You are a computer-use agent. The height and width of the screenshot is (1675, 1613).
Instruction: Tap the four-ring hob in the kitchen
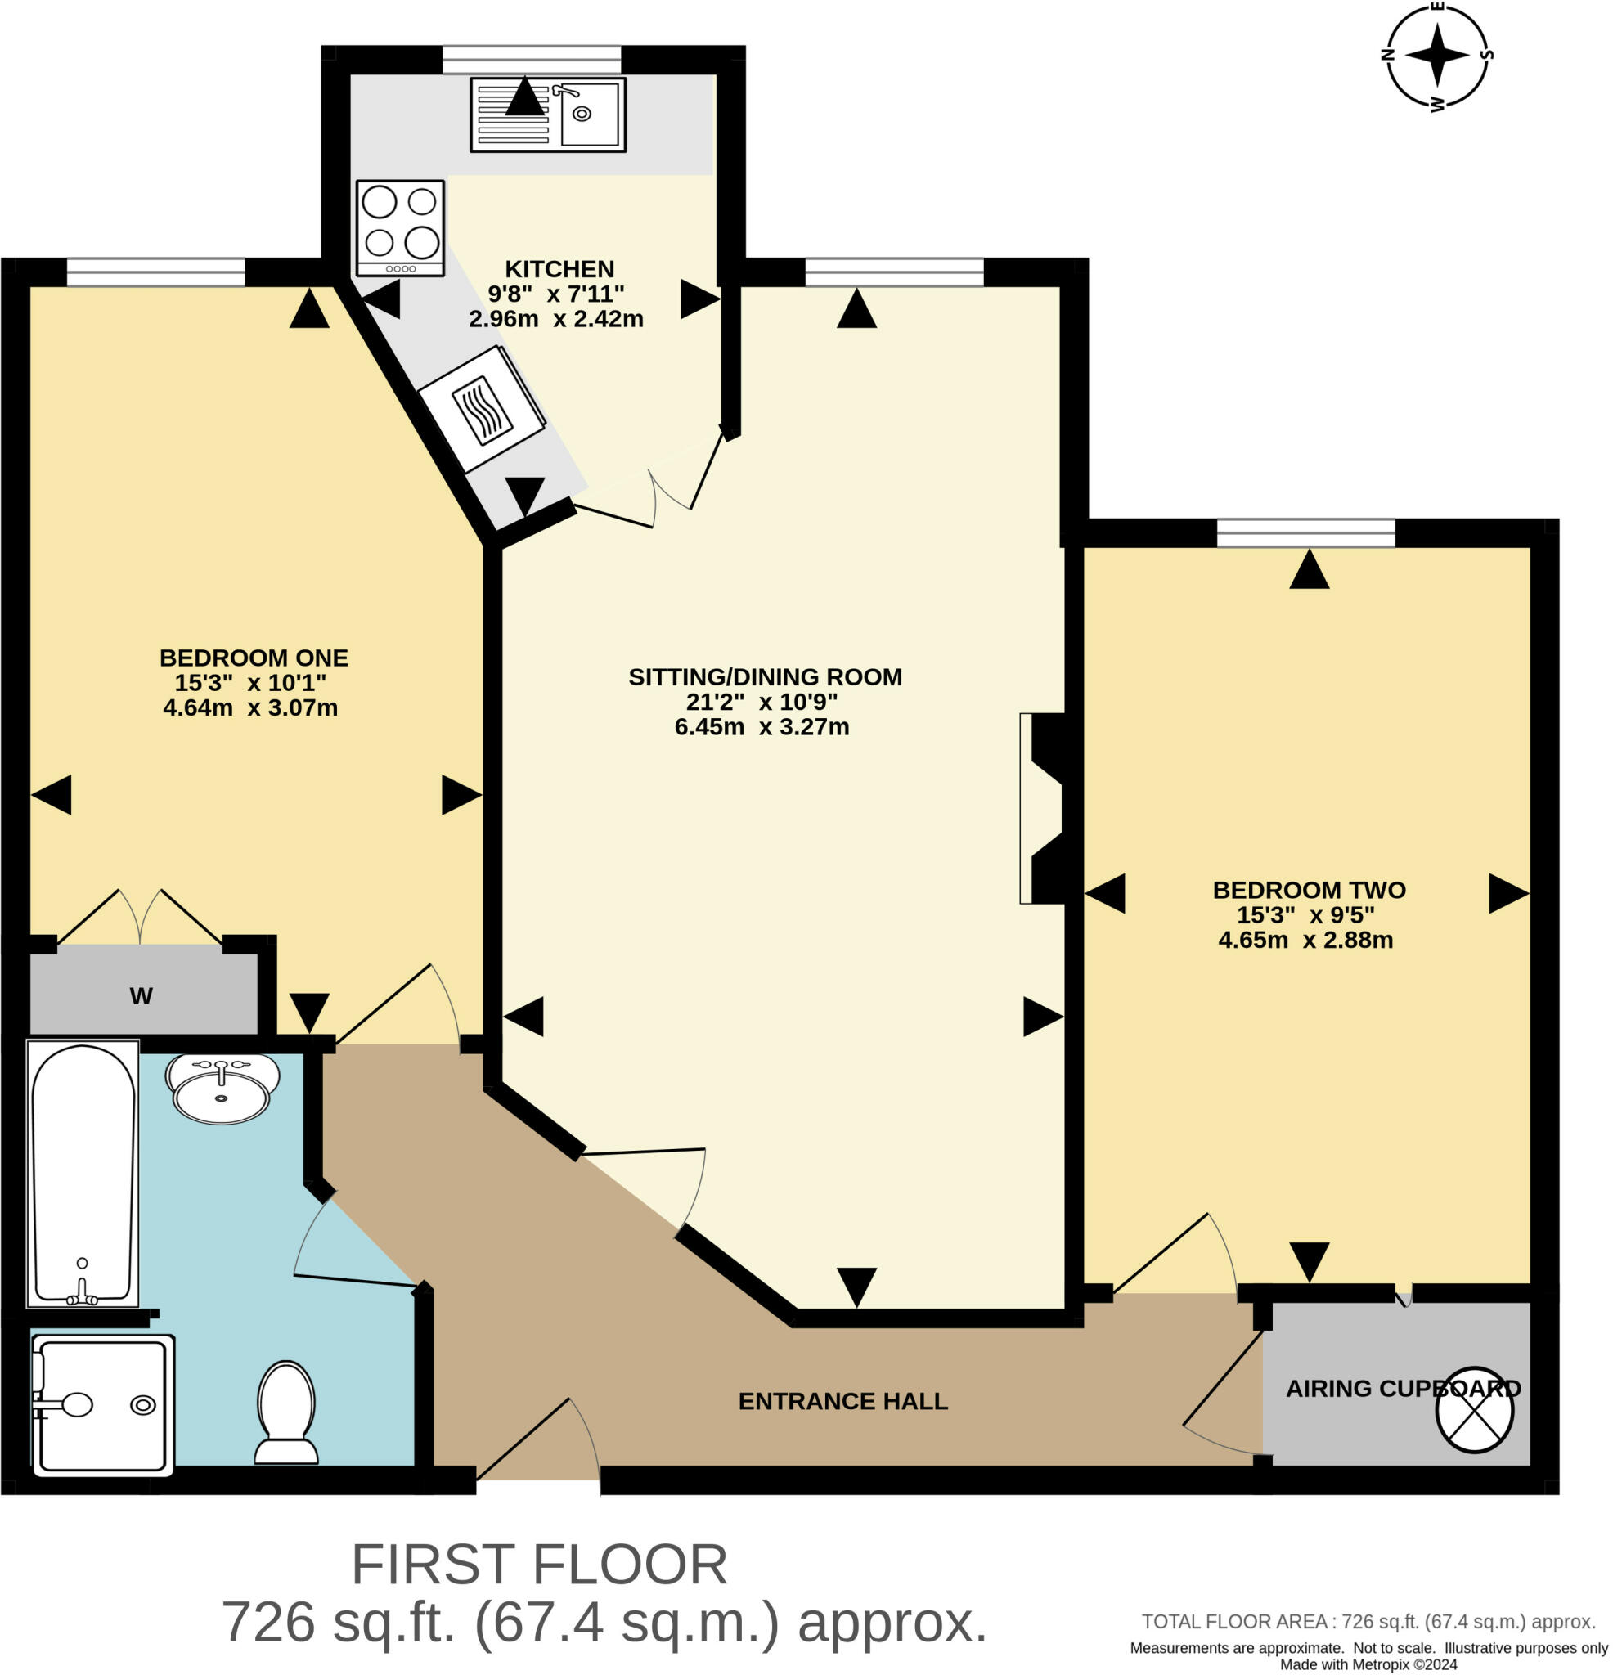coord(400,227)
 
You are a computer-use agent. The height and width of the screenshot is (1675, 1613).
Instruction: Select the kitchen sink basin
coord(589,114)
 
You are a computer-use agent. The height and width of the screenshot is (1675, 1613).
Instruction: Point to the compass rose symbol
coord(1436,56)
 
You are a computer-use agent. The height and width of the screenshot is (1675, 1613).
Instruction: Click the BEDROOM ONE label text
coord(253,658)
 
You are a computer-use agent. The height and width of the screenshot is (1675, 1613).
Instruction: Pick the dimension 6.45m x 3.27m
coord(762,726)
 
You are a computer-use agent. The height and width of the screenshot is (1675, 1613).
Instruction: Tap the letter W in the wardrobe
coord(141,995)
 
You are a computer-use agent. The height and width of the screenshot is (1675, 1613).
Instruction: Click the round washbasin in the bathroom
coord(222,1088)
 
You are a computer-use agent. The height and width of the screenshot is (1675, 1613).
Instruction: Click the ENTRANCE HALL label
coord(842,1401)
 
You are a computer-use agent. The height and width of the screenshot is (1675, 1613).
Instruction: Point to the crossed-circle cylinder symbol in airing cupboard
coord(1474,1412)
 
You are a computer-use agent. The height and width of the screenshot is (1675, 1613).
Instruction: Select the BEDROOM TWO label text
coord(1309,890)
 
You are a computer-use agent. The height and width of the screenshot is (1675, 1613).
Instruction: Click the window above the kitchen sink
coord(531,60)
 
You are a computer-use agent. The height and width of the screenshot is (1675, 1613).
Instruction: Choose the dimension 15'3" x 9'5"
coord(1305,914)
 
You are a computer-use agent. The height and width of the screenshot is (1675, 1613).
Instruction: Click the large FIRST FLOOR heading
coord(539,1564)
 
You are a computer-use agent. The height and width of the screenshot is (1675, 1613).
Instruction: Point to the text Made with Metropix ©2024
coord(1368,1664)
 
